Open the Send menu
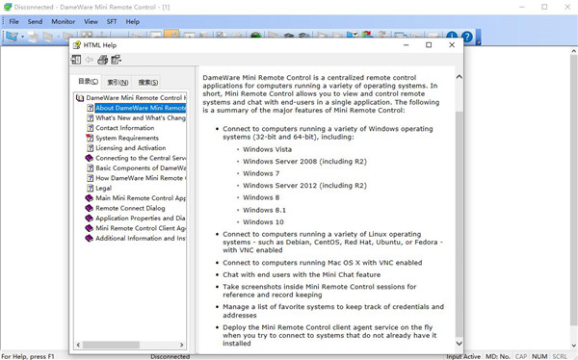[x=35, y=21]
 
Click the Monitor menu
[x=63, y=21]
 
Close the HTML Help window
[x=452, y=45]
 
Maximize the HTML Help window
[x=429, y=45]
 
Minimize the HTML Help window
[x=406, y=45]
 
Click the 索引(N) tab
[x=118, y=83]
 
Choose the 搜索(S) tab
[x=148, y=83]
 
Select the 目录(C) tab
[x=88, y=83]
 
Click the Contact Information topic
[x=124, y=128]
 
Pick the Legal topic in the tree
[x=105, y=188]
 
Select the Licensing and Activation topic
[x=130, y=148]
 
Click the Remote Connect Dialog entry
[x=130, y=208]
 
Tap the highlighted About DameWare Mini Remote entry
[x=140, y=108]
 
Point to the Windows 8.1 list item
[x=263, y=210]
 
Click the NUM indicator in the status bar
[x=539, y=356]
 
